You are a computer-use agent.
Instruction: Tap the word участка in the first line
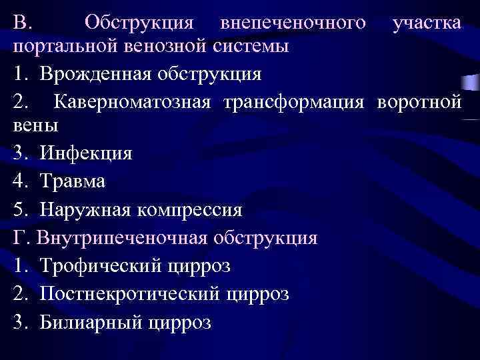click(427, 22)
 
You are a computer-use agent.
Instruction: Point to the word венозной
click(142, 47)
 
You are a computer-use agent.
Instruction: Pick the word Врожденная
click(97, 73)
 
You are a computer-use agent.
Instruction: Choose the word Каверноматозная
click(133, 103)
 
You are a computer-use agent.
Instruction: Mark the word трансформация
click(294, 103)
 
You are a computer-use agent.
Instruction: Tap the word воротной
click(419, 103)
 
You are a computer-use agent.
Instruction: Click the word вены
click(35, 125)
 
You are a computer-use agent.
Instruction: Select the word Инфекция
click(86, 153)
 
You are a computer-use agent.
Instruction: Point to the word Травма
click(72, 181)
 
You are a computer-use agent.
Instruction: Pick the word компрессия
click(190, 209)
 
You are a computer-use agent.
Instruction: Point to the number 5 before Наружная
click(18, 209)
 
